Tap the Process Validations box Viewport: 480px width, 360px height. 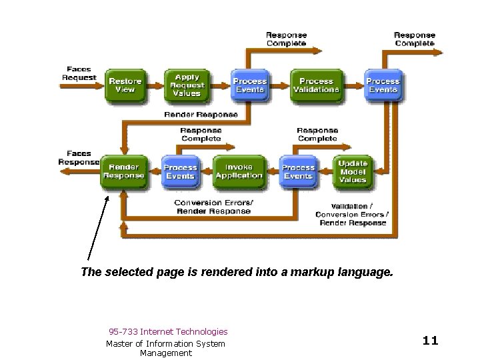[315, 85]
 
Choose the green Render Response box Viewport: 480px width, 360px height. [123, 171]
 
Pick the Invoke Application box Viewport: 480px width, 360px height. [239, 171]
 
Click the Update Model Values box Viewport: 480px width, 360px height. [353, 171]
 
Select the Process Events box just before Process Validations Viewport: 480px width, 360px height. [249, 85]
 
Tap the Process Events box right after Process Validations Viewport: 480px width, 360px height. [383, 85]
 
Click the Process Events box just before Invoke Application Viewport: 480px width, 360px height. [180, 171]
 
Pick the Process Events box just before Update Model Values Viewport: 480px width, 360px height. [298, 171]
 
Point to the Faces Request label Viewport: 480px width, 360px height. [79, 73]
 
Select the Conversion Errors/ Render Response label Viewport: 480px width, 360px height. [213, 207]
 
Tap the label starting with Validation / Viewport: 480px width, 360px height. [353, 214]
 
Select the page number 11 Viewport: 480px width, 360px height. [430, 341]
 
